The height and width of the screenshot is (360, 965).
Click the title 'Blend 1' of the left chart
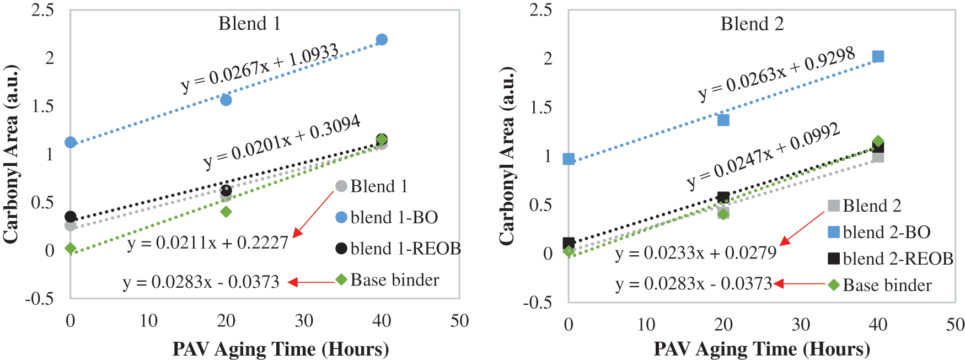[249, 24]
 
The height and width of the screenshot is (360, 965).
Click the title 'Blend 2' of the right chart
[752, 24]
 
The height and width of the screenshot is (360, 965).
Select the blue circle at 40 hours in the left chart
[382, 40]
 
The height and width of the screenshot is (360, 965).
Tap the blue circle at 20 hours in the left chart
[226, 100]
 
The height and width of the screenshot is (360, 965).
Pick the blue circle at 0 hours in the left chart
[71, 142]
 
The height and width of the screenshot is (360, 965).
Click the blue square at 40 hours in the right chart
[878, 57]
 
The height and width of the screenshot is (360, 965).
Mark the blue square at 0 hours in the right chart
[569, 159]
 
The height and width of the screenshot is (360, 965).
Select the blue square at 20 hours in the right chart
[723, 120]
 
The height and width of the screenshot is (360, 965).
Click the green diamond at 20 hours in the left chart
[226, 212]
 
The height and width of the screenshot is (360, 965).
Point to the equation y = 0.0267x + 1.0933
[260, 68]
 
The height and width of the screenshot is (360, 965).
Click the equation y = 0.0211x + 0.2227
[208, 243]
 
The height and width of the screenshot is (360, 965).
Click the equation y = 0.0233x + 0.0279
[695, 252]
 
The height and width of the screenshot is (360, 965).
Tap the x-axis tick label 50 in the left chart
[459, 321]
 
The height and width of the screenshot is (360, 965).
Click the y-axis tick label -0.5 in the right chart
[537, 302]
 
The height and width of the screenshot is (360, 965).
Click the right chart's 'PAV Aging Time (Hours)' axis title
[762, 349]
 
